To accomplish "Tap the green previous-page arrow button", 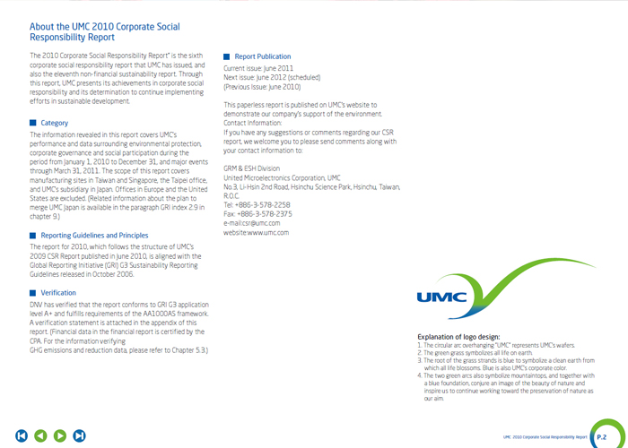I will click(x=40, y=435).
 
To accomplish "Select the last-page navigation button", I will click(x=80, y=435).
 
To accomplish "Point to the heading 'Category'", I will click(x=54, y=123).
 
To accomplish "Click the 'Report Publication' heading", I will click(x=262, y=56).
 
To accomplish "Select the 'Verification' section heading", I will click(x=58, y=293).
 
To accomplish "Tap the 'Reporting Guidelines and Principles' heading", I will click(x=94, y=236).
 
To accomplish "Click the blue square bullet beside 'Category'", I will click(x=33, y=123).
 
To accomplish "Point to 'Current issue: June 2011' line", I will click(x=257, y=68).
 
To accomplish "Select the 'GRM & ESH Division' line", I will click(x=251, y=168).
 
